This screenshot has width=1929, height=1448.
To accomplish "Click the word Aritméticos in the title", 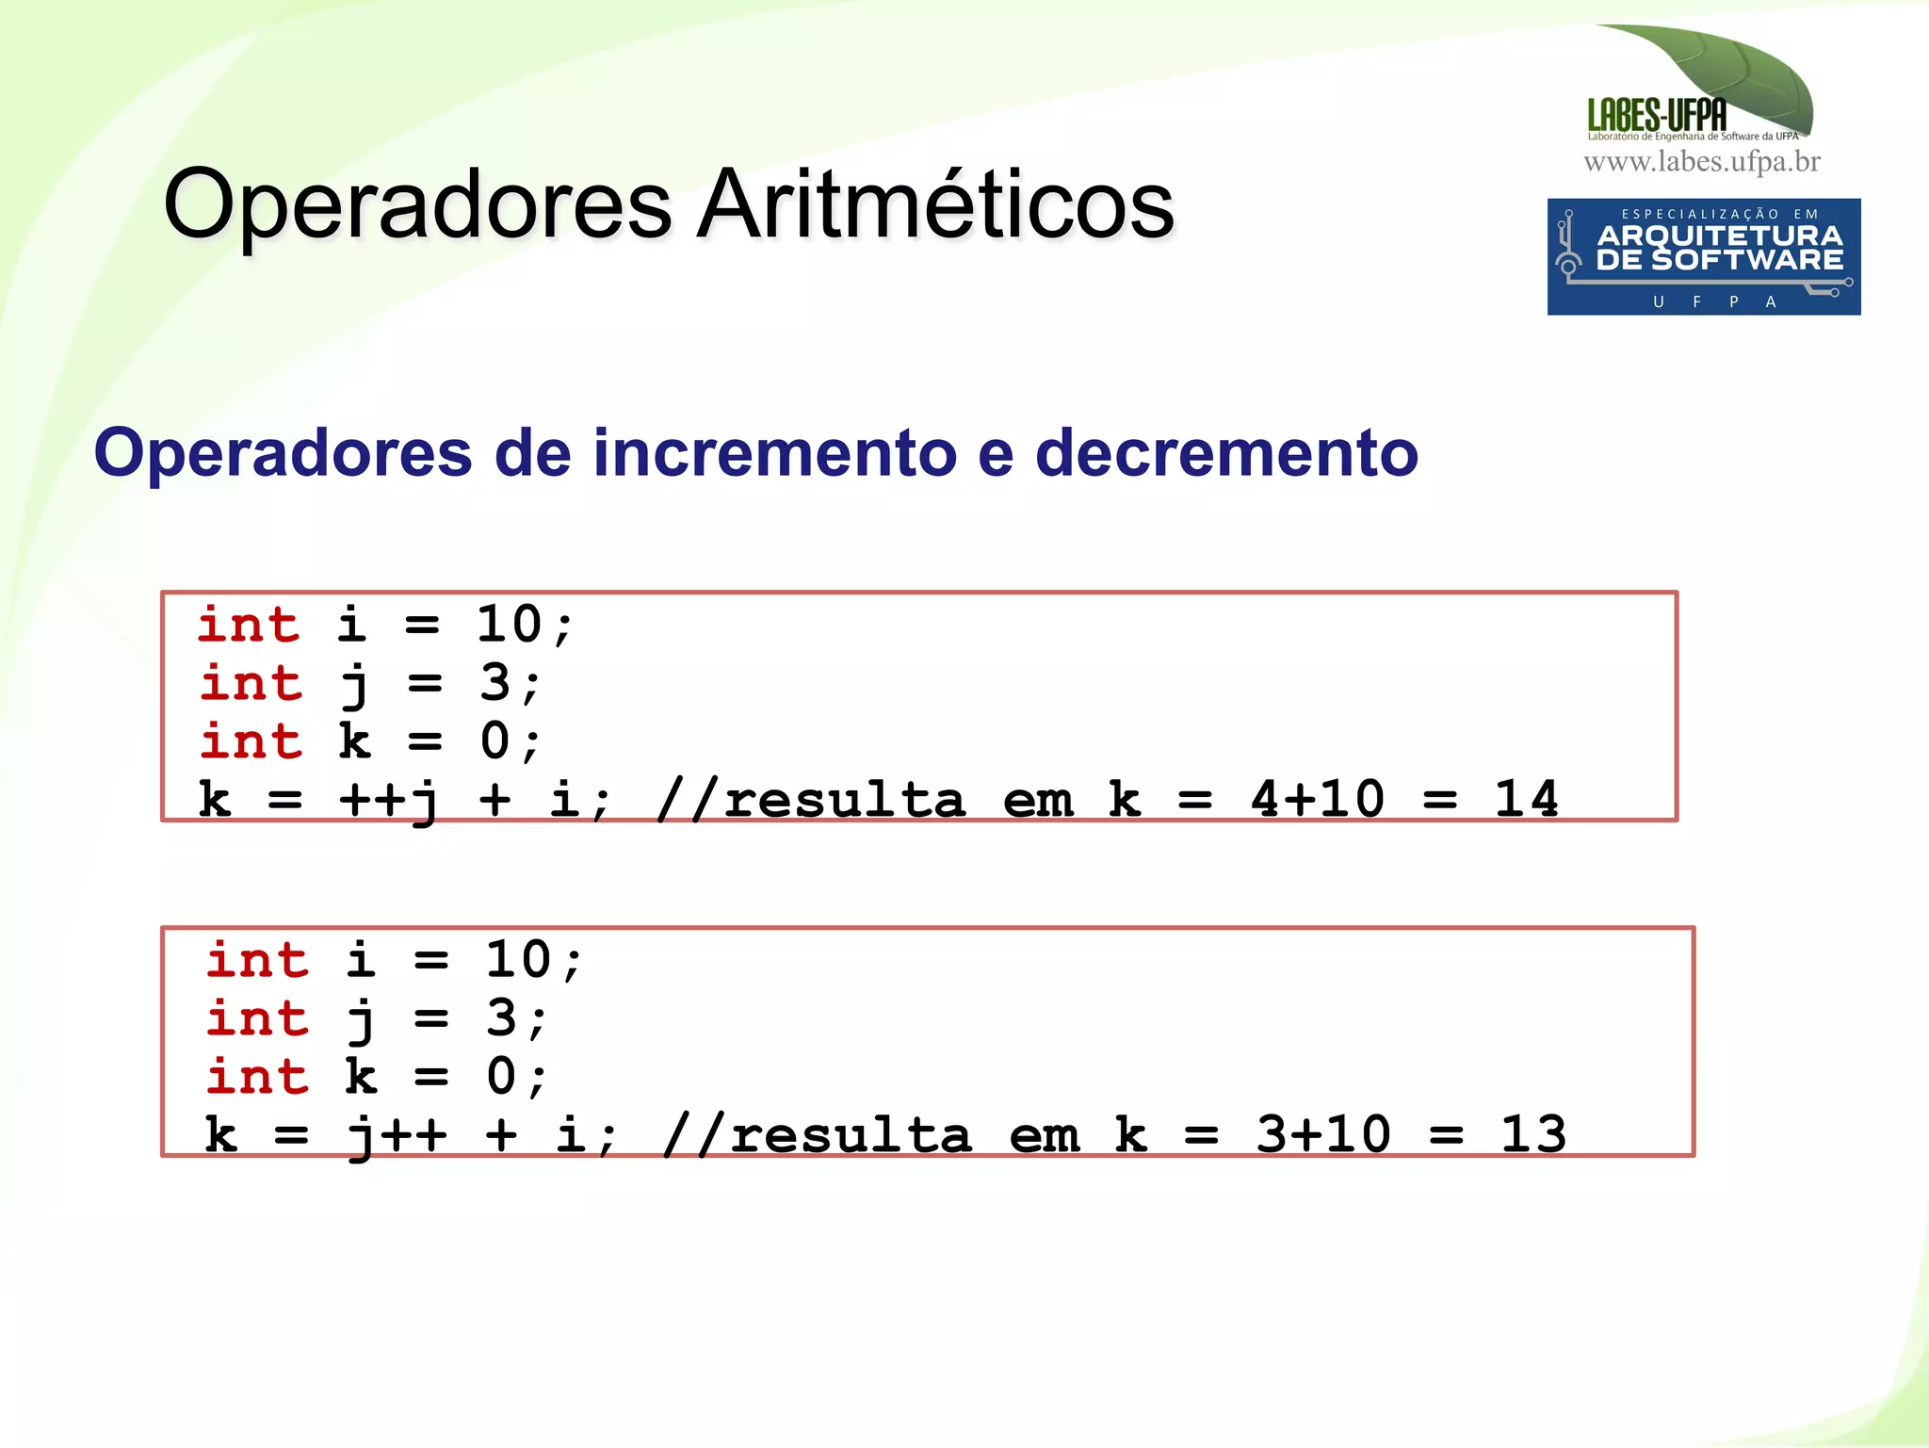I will click(935, 204).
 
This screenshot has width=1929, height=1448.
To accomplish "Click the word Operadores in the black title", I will click(417, 204).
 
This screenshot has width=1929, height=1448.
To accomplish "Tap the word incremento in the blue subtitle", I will click(774, 453).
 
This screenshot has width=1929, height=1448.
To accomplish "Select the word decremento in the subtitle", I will click(1226, 453).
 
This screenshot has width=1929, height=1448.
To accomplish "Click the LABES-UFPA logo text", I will click(1657, 115).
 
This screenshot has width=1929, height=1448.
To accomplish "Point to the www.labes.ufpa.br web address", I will click(1702, 162).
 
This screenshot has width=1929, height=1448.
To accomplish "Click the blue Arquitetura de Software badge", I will click(1703, 256).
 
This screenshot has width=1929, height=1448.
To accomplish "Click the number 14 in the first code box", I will click(1527, 799).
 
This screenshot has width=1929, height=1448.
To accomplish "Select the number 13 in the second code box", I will click(1533, 1133).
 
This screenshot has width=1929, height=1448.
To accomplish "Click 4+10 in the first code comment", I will click(1318, 799).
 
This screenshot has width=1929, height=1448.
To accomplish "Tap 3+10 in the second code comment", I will click(1323, 1133).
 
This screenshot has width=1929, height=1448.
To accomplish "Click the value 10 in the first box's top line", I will click(509, 625).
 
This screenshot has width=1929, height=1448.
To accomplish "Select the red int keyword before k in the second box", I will click(257, 1076).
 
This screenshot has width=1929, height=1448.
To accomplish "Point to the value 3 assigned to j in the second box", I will click(501, 1018).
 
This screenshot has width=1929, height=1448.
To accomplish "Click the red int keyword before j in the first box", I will click(251, 683).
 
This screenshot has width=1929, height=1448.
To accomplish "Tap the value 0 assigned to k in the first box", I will click(495, 741).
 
